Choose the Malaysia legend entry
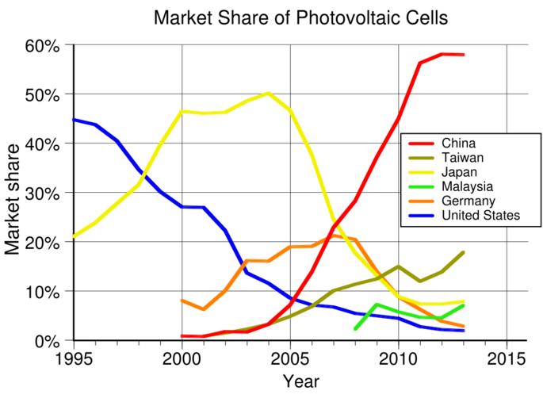tap(467, 186)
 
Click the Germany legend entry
tap(467, 201)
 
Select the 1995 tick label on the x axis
tap(75, 358)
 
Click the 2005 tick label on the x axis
tap(291, 358)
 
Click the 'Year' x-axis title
tap(300, 382)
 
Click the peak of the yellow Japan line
tap(269, 94)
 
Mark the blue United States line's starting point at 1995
tap(75, 120)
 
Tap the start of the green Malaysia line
tap(355, 328)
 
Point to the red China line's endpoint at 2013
tap(464, 55)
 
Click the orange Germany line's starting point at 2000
tap(182, 301)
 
